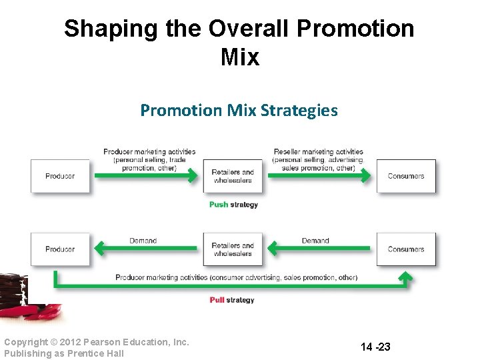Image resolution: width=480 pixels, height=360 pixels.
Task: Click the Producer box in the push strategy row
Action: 60,176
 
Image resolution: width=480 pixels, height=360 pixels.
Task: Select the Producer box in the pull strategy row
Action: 60,249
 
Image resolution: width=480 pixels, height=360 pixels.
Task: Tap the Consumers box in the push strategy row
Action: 406,176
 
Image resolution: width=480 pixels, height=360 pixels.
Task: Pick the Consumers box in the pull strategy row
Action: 406,249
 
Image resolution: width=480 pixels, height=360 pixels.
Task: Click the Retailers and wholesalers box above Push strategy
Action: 233,176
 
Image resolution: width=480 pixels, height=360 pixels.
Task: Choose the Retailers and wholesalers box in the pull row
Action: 233,249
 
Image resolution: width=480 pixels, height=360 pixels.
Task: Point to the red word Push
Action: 218,205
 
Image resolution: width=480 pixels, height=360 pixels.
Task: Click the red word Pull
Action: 217,300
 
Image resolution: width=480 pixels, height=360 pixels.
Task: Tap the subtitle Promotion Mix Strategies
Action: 239,110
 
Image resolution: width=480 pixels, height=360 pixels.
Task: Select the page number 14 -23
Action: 375,347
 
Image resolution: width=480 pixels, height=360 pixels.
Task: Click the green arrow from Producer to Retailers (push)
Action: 145,176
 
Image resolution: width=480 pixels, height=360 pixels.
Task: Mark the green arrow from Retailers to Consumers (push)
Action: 319,176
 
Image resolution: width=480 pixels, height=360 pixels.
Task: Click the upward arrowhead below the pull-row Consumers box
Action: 405,276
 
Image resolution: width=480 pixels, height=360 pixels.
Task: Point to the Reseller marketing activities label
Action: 319,152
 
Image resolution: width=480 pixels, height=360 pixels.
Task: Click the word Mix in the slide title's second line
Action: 239,57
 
